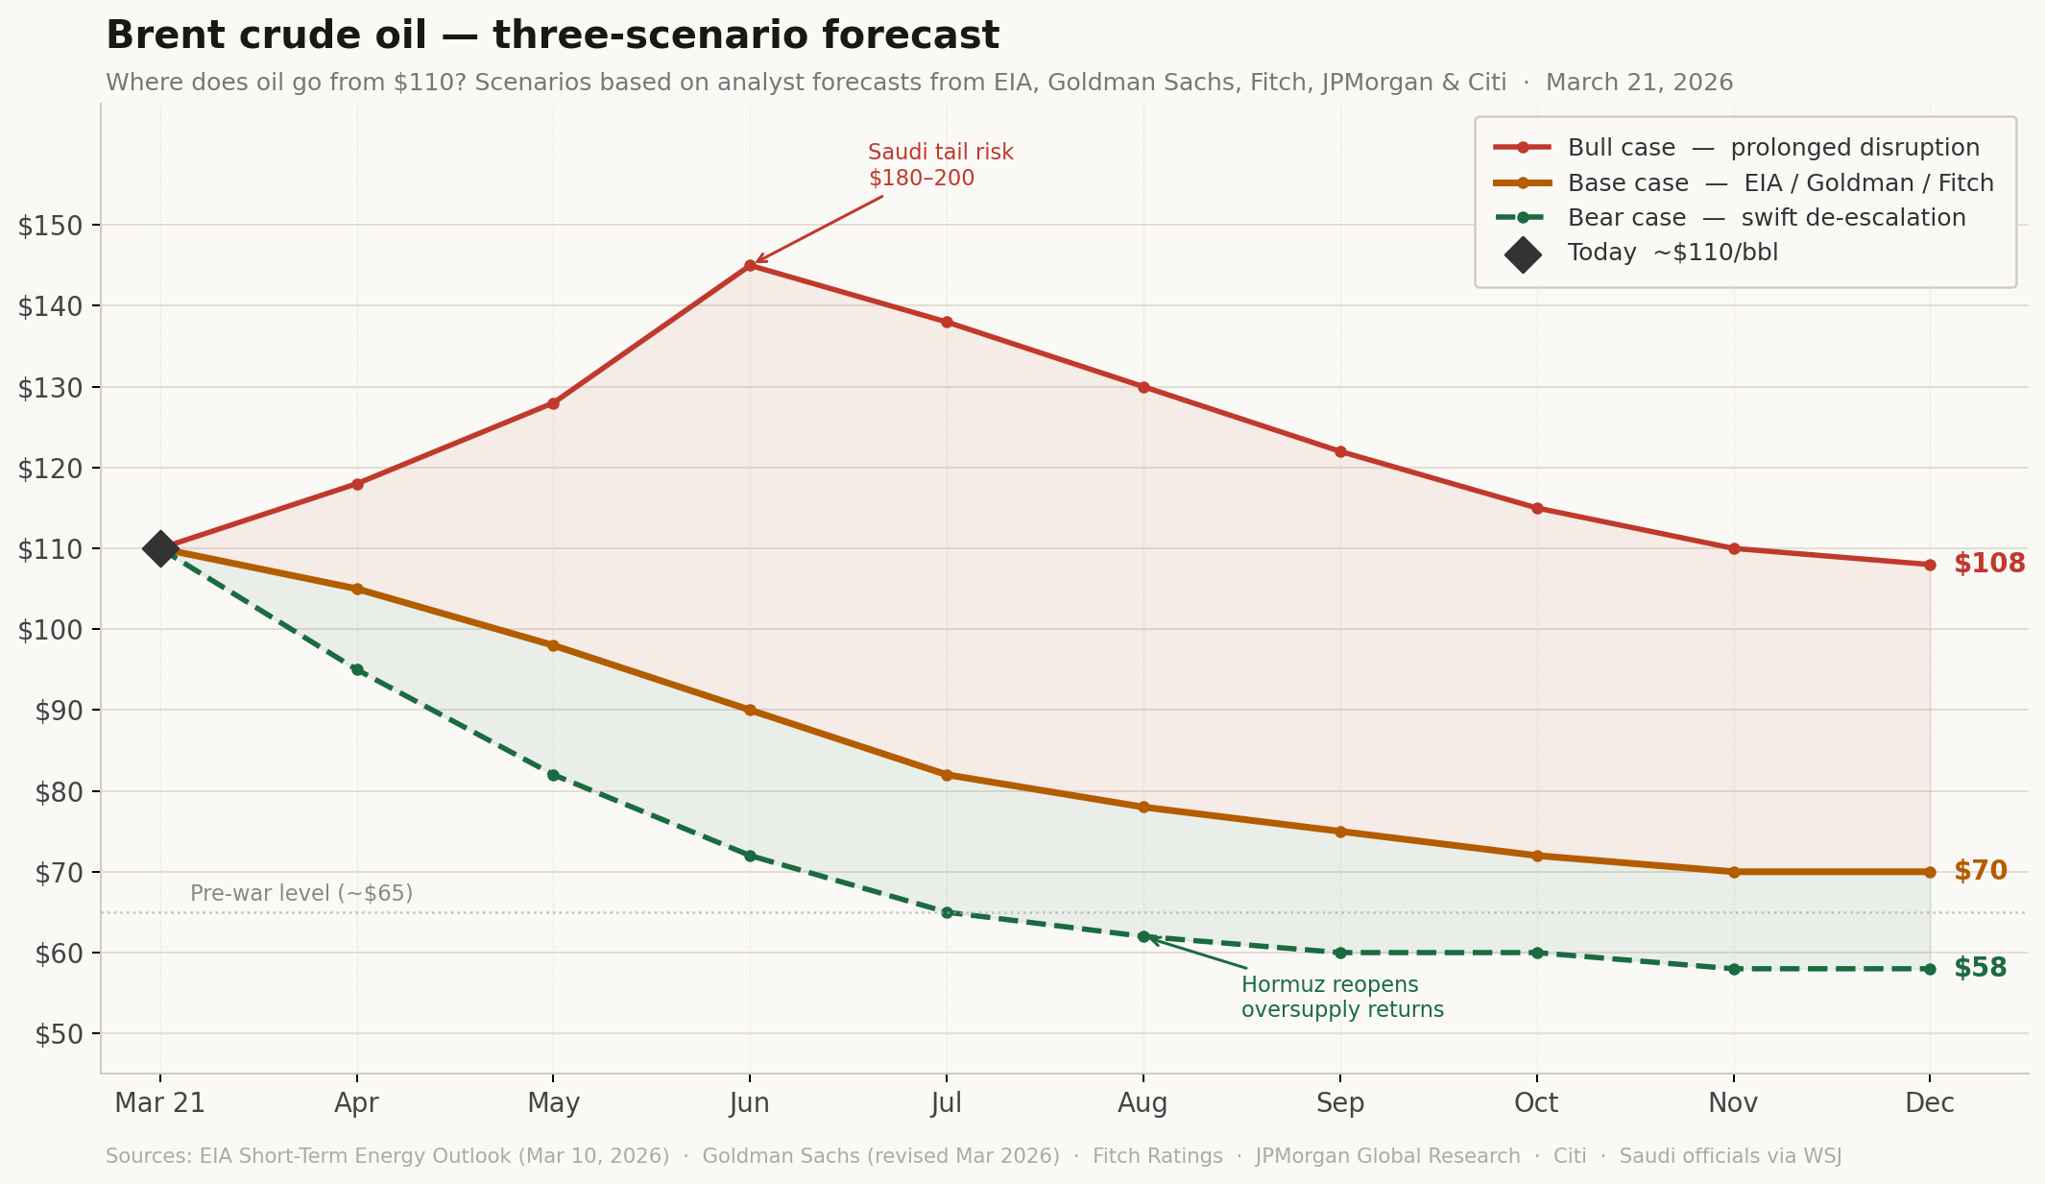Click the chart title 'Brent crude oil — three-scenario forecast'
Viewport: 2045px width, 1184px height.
pyautogui.click(x=552, y=36)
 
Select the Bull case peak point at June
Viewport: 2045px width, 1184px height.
pyautogui.click(x=750, y=266)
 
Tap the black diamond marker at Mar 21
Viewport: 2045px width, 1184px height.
pyautogui.click(x=160, y=548)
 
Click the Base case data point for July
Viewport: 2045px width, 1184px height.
pyautogui.click(x=947, y=775)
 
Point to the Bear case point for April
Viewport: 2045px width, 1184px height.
pyautogui.click(x=357, y=669)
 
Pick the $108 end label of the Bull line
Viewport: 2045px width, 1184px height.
pyautogui.click(x=1989, y=564)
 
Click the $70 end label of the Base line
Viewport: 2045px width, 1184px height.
pyautogui.click(x=1980, y=871)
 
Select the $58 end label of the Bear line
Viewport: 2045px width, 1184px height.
pyautogui.click(x=1980, y=968)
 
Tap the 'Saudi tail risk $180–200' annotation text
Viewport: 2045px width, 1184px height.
pyautogui.click(x=940, y=165)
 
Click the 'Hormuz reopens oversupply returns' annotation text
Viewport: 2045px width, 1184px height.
pyautogui.click(x=1341, y=998)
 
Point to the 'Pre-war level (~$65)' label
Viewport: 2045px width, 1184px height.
pyautogui.click(x=301, y=894)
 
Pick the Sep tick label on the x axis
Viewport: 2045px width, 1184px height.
pyautogui.click(x=1339, y=1103)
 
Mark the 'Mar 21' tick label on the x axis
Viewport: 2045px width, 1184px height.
pyautogui.click(x=160, y=1103)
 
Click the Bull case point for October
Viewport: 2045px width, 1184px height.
pyautogui.click(x=1537, y=508)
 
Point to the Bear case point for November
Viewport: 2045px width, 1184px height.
pyautogui.click(x=1734, y=969)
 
